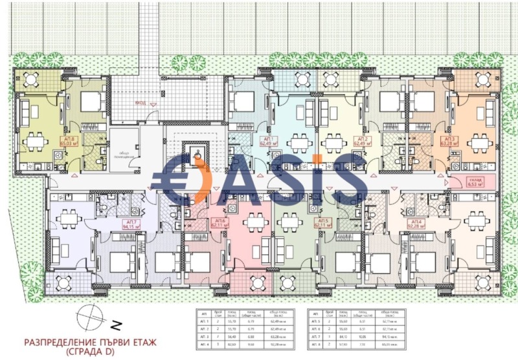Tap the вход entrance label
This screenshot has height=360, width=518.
(x=141, y=102)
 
